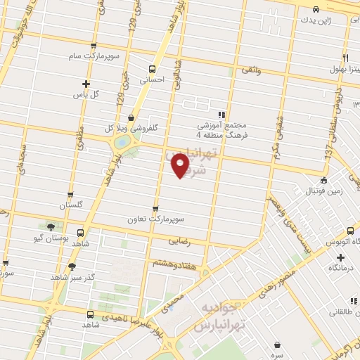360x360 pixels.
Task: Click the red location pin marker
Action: click(x=181, y=165)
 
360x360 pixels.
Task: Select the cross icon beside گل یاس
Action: click(x=86, y=83)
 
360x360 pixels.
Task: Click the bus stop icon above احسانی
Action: click(x=152, y=69)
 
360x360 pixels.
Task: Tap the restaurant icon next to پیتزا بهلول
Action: click(x=345, y=58)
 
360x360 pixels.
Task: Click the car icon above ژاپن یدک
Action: click(x=316, y=9)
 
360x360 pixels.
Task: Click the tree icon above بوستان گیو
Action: click(x=51, y=226)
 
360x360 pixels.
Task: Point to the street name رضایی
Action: click(x=179, y=240)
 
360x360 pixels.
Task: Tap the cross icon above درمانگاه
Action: click(x=340, y=258)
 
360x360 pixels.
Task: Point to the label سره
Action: click(x=280, y=355)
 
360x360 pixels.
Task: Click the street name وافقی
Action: click(x=251, y=70)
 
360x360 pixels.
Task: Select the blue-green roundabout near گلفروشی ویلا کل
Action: click(x=122, y=142)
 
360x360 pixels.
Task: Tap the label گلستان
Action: click(x=70, y=205)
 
